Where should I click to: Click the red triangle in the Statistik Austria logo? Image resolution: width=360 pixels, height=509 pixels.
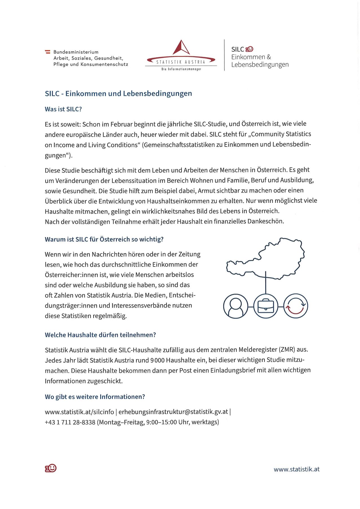181,48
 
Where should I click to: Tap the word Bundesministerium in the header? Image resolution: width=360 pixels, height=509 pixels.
76,52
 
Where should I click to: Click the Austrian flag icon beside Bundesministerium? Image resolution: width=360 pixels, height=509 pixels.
48,52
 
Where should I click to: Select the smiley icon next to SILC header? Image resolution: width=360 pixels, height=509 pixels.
250,49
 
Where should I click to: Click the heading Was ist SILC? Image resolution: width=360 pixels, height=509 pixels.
63,109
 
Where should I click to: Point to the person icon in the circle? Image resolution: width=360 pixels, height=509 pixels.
235,306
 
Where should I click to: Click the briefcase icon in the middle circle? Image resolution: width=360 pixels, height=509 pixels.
266,306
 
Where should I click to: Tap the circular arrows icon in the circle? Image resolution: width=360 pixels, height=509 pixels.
295,306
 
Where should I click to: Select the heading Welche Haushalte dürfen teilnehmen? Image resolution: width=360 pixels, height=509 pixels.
100,335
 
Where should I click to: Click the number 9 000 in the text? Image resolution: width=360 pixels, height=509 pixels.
157,360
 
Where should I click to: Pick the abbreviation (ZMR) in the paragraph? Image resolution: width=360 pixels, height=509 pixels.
287,350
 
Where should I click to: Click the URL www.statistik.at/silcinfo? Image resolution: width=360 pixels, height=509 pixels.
79,412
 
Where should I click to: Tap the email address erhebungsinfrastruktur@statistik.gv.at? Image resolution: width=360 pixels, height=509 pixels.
173,412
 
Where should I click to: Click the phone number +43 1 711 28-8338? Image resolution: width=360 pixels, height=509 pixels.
70,422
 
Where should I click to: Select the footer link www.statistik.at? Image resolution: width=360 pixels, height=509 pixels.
296,469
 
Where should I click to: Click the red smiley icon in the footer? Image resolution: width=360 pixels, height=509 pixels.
51,468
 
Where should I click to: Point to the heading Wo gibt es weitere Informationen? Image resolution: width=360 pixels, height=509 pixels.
95,397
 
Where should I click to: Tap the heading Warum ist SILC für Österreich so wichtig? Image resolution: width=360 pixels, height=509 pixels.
104,239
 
